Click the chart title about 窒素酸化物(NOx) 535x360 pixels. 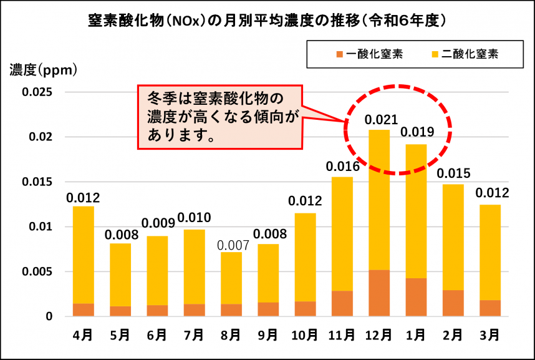click(267, 20)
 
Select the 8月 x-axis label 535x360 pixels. click(231, 335)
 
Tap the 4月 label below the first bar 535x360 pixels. click(83, 335)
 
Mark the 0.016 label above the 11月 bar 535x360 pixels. click(342, 167)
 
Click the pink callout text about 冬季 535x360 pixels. click(220, 117)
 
